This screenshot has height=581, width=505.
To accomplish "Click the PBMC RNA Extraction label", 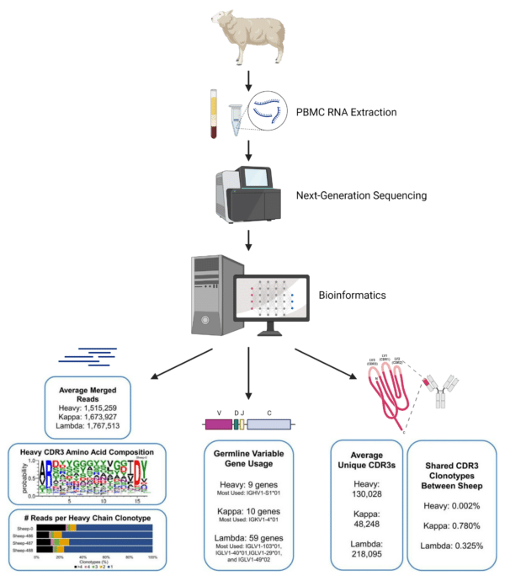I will click(x=346, y=111).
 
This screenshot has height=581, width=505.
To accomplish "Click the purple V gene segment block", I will click(x=218, y=424).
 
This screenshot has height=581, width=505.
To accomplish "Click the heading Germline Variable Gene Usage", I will click(x=249, y=460).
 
